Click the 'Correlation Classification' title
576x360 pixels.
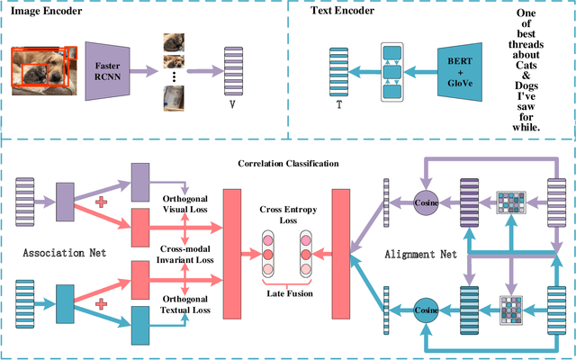[287, 165]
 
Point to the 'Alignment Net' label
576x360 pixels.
[421, 254]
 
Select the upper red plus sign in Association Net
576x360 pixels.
[101, 202]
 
